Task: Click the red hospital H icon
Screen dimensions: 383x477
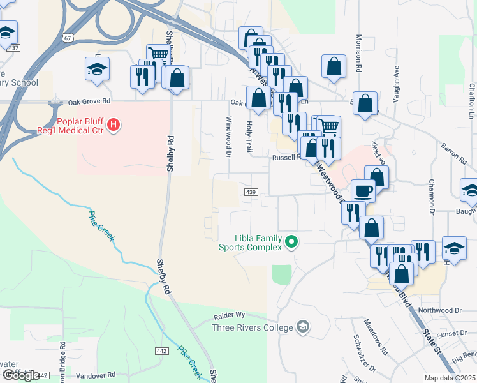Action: tap(113, 124)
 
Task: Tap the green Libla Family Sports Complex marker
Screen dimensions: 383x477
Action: tap(292, 241)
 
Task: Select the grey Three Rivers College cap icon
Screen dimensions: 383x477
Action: tap(304, 327)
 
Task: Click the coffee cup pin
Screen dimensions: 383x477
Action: tap(363, 191)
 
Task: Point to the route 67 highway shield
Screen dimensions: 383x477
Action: tap(68, 38)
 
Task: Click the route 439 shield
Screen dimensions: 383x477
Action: tap(251, 192)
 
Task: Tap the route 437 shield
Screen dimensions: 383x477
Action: tap(14, 48)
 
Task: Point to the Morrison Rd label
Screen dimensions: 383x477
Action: tap(359, 53)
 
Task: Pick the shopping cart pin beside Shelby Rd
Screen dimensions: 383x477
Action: tap(158, 55)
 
